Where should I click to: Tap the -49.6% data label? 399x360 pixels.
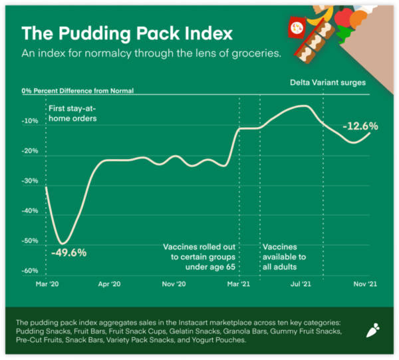(x=68, y=253)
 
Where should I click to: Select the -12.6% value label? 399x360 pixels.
(x=360, y=126)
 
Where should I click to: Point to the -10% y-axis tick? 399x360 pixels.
(x=29, y=120)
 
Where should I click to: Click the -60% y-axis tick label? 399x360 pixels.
(x=29, y=270)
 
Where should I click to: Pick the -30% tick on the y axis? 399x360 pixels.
(x=29, y=180)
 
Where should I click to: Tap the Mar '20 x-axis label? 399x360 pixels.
(x=41, y=283)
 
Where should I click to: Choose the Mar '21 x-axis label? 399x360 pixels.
(x=237, y=283)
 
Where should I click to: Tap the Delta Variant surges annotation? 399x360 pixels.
(x=328, y=83)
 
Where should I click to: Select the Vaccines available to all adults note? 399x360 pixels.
(x=284, y=252)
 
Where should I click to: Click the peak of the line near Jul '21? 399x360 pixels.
(x=303, y=106)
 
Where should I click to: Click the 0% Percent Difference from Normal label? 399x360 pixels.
(x=77, y=90)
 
